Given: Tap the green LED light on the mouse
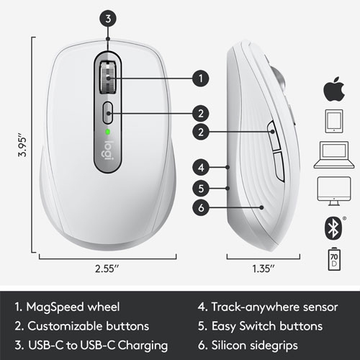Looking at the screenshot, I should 108,132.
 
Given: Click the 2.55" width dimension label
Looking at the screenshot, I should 108,270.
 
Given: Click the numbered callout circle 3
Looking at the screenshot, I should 108,19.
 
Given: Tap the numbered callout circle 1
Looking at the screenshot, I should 202,76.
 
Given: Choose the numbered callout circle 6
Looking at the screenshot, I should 202,208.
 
